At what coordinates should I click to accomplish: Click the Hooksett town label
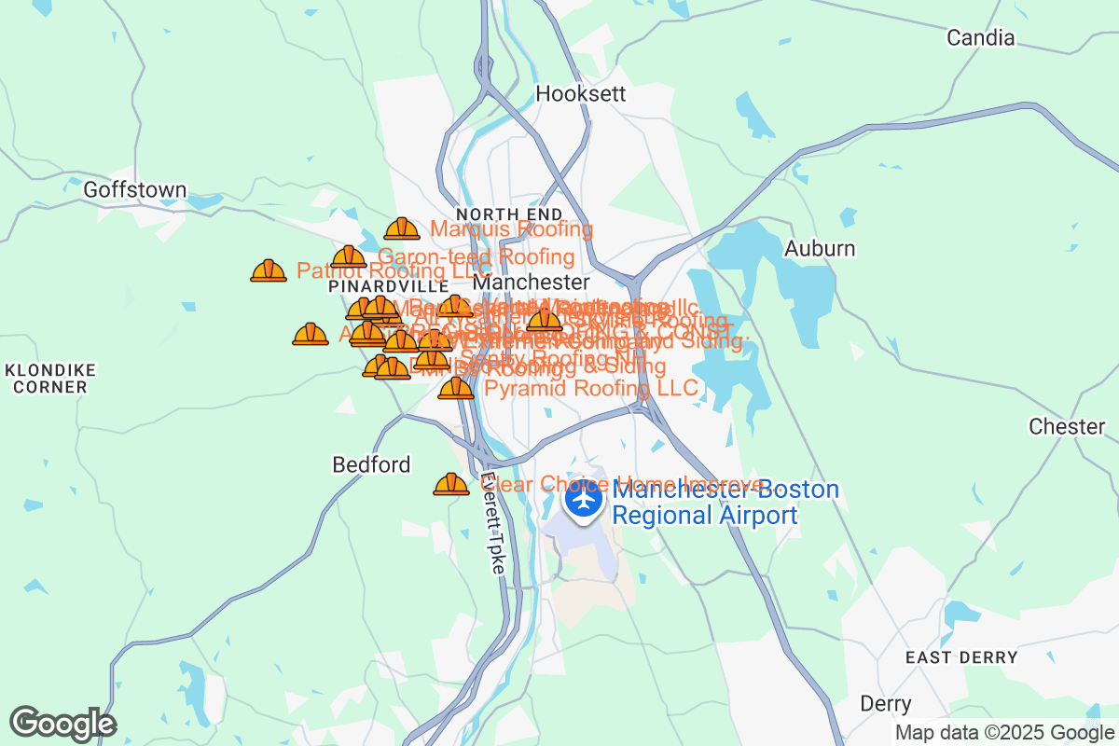click(x=575, y=94)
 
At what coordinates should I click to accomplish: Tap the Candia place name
click(x=980, y=38)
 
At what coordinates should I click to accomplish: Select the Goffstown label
click(x=135, y=190)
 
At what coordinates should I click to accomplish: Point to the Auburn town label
click(x=820, y=249)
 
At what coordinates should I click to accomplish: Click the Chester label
click(x=1067, y=427)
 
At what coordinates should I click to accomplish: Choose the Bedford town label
click(x=371, y=464)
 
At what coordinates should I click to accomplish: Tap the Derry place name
click(x=886, y=704)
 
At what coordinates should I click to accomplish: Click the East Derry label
click(x=962, y=657)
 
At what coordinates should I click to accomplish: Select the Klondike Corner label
click(x=50, y=378)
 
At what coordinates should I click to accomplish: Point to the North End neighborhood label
click(x=496, y=215)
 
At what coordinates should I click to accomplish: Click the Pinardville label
click(x=376, y=287)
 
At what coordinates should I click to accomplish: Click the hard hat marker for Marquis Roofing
click(x=402, y=228)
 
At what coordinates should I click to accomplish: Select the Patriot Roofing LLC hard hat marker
click(x=269, y=270)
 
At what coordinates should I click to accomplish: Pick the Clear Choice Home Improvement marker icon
click(x=451, y=484)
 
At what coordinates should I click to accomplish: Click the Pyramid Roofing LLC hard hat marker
click(x=456, y=387)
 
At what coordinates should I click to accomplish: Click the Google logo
click(x=62, y=724)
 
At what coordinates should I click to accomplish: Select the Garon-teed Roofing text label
click(x=476, y=256)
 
